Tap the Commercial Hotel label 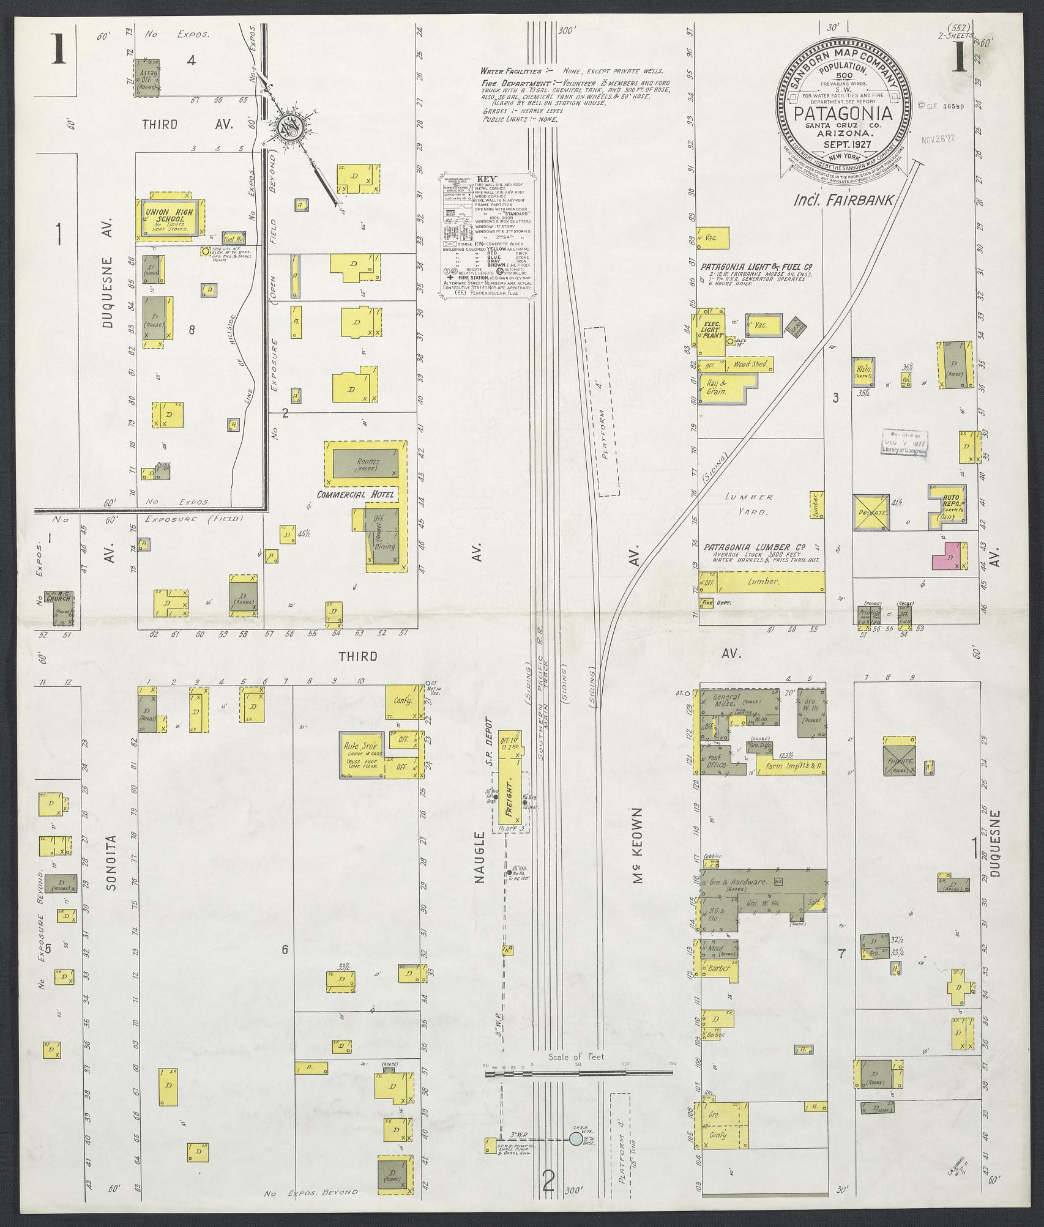pyautogui.click(x=358, y=494)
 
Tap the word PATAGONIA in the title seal pyautogui.click(x=843, y=114)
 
